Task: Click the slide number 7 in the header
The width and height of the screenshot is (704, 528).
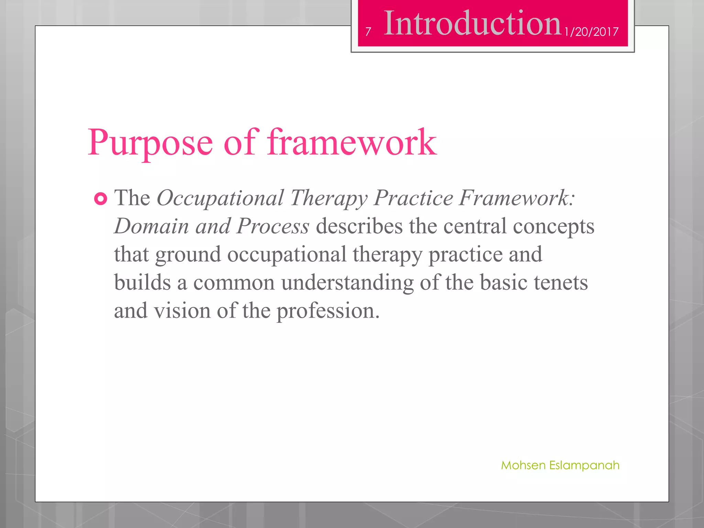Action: point(368,32)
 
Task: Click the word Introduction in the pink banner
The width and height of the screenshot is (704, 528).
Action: point(472,23)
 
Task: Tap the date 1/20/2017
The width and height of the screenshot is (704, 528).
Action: point(591,32)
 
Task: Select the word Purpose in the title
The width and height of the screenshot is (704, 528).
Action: point(150,143)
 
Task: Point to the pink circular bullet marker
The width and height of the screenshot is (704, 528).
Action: point(100,199)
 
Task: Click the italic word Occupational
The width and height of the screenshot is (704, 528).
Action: point(220,198)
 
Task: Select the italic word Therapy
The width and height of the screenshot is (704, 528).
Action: point(329,198)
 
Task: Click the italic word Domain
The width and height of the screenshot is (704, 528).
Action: point(152,226)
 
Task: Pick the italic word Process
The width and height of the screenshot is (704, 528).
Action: point(273,226)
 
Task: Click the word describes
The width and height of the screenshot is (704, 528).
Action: point(359,226)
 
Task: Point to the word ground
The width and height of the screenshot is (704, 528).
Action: point(188,255)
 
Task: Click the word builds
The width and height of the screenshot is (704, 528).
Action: point(142,283)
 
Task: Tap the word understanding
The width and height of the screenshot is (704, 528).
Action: point(347,283)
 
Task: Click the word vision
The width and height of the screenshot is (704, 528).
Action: point(182,311)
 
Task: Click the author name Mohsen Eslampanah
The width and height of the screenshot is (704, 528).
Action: point(560,465)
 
